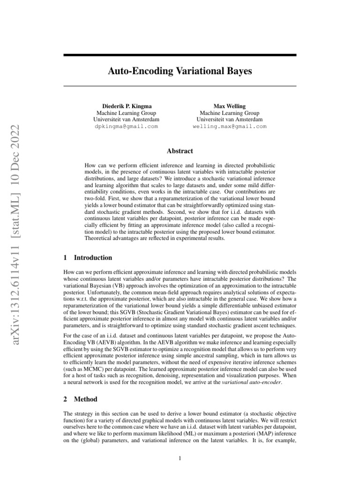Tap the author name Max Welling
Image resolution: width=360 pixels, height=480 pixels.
click(x=229, y=106)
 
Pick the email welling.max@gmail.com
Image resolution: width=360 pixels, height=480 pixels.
click(x=229, y=127)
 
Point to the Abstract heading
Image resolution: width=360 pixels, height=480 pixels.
click(x=180, y=151)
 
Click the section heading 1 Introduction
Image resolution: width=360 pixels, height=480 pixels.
click(x=88, y=258)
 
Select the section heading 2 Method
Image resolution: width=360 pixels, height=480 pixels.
click(x=81, y=399)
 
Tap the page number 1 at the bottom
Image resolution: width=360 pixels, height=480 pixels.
click(x=180, y=458)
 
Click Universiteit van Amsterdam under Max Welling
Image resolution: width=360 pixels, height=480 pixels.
click(x=229, y=120)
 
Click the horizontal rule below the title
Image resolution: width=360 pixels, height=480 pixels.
click(x=180, y=86)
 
